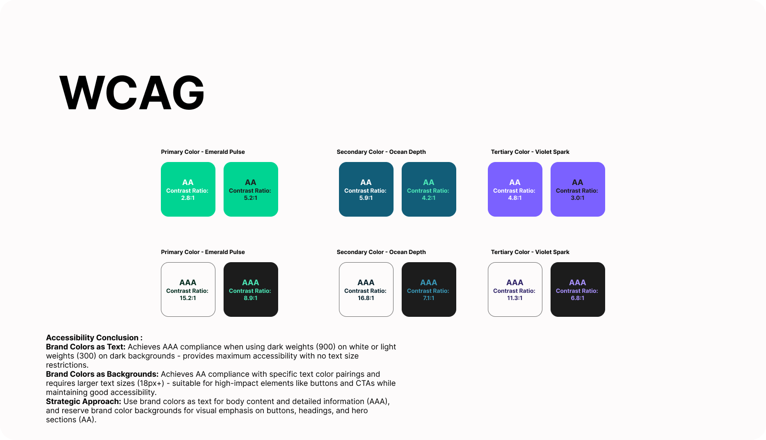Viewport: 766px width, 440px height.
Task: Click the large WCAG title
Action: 132,93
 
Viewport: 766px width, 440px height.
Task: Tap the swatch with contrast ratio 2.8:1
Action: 188,189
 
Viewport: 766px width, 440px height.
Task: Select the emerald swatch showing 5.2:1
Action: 251,189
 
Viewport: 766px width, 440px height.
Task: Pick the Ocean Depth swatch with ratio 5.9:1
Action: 366,189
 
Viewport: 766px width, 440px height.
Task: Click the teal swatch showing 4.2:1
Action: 429,189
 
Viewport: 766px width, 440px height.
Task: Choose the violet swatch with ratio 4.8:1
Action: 515,189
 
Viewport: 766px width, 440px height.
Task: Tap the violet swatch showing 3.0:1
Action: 578,189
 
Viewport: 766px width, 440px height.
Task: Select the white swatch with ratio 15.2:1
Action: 188,289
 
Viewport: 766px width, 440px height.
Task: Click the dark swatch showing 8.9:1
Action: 251,289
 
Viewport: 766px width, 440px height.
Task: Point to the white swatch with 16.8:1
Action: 366,289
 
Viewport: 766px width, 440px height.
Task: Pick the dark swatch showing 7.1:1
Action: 429,289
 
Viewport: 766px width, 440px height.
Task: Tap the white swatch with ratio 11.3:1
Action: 515,289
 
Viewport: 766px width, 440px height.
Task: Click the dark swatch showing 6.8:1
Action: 578,289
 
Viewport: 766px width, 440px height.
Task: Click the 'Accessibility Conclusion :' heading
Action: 94,337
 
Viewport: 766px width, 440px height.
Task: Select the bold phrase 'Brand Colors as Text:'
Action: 86,347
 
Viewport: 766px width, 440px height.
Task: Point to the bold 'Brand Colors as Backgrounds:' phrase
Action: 102,374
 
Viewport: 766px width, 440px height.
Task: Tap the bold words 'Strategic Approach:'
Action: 83,402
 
